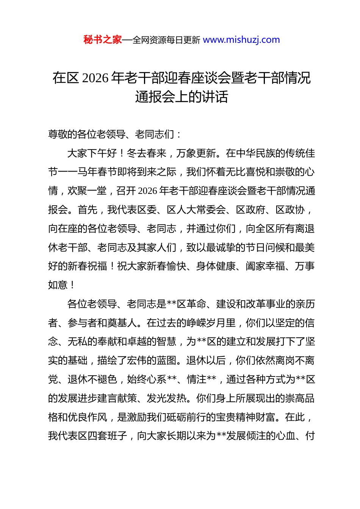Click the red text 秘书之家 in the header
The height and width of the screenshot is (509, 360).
(103, 40)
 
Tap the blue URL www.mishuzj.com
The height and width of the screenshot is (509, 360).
(241, 40)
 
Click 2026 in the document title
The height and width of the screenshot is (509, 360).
(95, 78)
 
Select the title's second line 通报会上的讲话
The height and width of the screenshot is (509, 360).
(182, 97)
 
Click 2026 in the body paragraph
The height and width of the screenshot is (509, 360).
(147, 191)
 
